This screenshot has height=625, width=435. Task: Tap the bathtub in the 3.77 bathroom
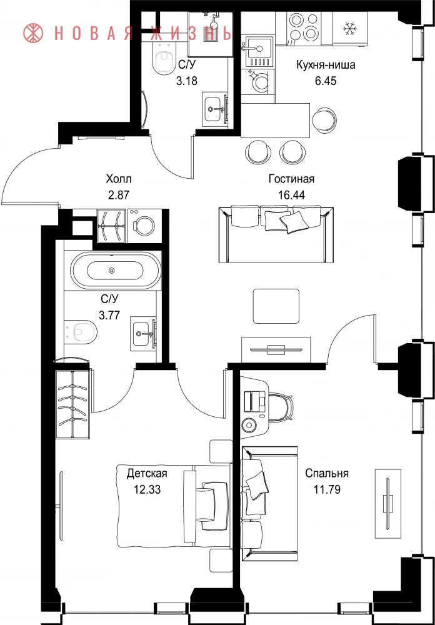pos(116,270)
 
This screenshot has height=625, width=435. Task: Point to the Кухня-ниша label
pos(326,65)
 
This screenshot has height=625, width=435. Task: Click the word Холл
pos(119,178)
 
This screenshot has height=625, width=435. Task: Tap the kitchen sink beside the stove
pos(259,51)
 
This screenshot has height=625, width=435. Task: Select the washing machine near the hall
pos(144,226)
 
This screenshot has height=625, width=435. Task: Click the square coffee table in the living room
pos(276,306)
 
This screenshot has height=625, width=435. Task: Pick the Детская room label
pos(146,474)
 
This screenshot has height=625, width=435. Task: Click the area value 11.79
pos(327,489)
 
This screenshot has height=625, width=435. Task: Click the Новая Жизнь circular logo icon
pos(34,33)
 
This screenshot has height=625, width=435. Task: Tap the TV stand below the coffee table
pos(276,349)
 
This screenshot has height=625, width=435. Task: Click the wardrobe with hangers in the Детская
pos(73,404)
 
